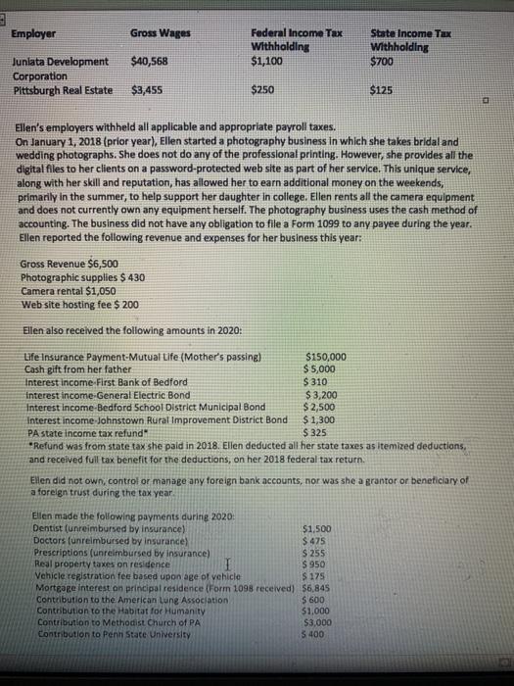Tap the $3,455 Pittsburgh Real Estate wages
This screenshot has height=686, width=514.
147,90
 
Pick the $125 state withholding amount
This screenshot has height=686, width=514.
384,90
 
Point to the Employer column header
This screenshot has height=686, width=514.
33,33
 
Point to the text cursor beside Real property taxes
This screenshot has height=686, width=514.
227,565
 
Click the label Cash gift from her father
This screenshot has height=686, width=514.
90,368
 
